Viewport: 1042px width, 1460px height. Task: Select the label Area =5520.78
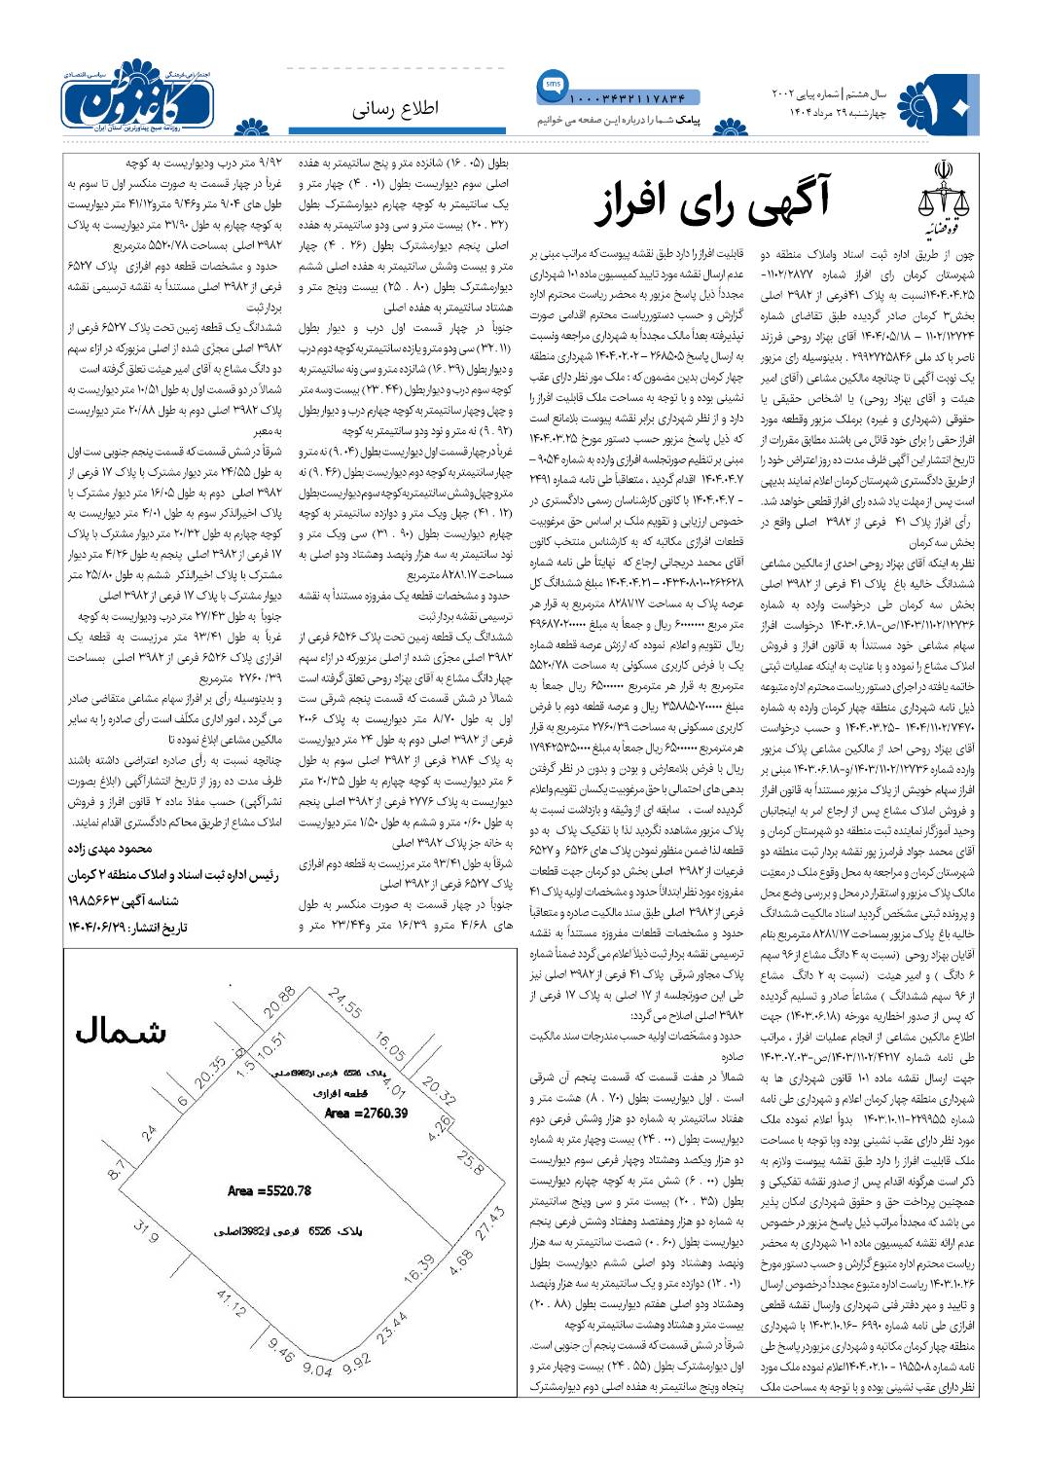coord(269,1190)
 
